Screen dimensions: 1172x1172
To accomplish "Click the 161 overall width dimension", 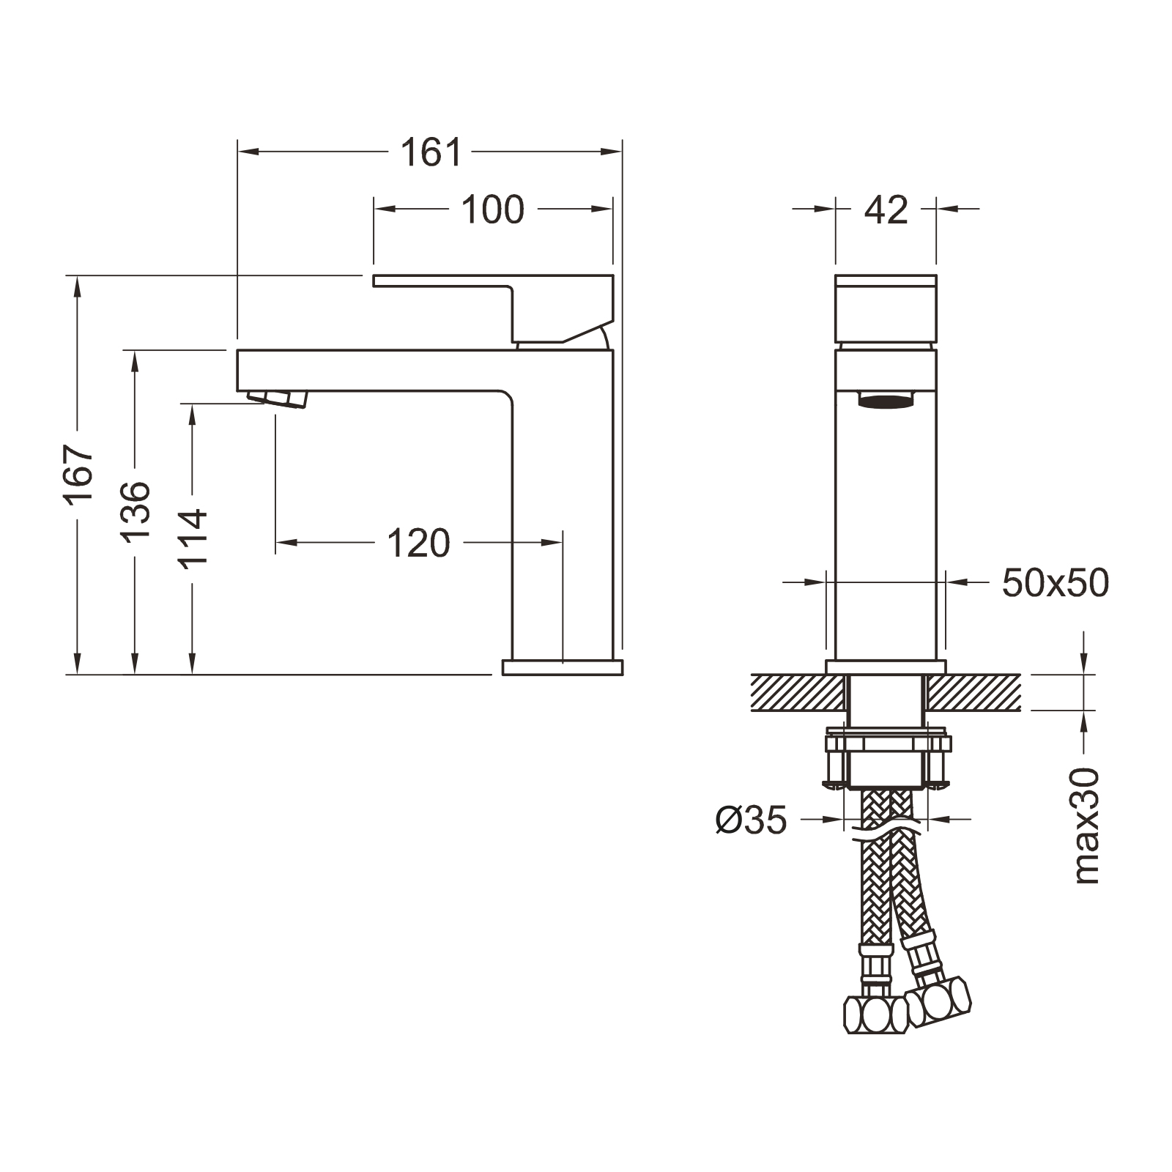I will point(431,152).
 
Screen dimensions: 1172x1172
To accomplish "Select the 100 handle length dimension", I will point(492,209).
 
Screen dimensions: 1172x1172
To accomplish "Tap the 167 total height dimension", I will point(78,473).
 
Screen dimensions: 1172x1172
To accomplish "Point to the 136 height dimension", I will point(136,511).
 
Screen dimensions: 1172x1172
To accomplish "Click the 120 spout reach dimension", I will point(418,544).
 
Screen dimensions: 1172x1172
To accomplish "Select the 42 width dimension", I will point(886,210).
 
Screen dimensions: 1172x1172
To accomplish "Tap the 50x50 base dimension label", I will point(1055,584).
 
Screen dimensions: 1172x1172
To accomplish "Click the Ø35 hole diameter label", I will point(751,820).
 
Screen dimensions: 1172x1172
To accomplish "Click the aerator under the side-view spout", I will point(279,398).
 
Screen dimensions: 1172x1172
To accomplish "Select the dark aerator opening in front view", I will point(886,400).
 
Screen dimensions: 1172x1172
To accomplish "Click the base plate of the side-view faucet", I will point(562,667).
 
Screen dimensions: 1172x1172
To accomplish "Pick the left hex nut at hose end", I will point(876,1015).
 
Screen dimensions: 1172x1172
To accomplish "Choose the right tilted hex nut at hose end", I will point(940,998).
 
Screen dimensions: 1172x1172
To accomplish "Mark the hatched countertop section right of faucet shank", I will point(974,692).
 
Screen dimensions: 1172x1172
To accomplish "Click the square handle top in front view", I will point(886,308).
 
